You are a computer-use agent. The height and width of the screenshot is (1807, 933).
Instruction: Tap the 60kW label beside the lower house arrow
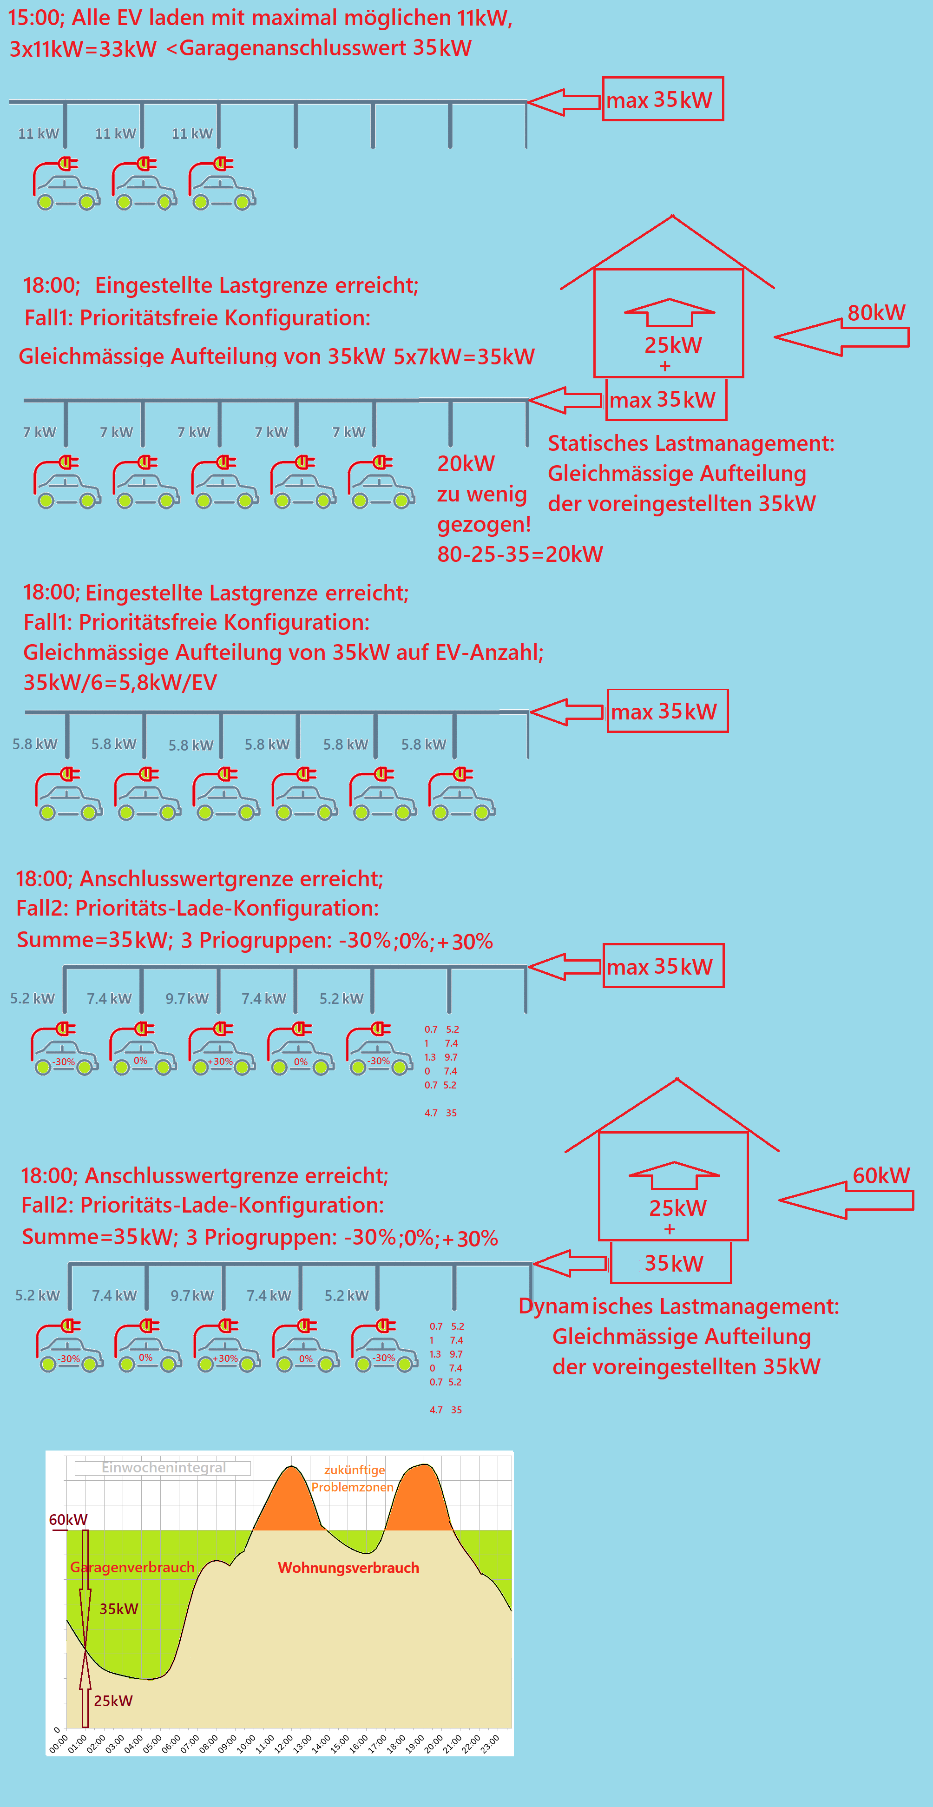coord(880,1176)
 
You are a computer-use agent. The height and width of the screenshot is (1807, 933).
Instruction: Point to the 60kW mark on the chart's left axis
coord(67,1519)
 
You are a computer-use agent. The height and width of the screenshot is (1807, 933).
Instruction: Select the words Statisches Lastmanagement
coord(690,443)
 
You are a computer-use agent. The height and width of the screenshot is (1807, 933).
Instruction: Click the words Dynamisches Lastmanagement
coord(678,1306)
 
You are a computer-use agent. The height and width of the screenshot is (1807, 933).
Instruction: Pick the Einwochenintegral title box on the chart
coord(163,1467)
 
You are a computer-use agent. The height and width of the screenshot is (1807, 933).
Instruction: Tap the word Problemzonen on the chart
coord(352,1487)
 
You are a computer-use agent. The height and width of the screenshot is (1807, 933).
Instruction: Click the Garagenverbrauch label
coord(132,1567)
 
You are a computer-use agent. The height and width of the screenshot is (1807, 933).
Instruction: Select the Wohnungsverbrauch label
coord(348,1567)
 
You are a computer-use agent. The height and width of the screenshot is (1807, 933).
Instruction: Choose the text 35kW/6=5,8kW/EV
coord(120,683)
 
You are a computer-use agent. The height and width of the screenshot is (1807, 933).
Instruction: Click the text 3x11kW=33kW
coord(83,48)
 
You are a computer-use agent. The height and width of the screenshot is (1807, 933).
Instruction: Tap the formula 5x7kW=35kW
coord(464,356)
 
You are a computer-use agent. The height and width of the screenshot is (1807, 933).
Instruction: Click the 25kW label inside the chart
coord(113,1701)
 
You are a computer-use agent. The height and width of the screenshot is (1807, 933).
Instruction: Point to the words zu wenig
coord(481,494)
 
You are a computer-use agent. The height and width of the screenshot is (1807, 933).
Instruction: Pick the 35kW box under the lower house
coord(671,1263)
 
